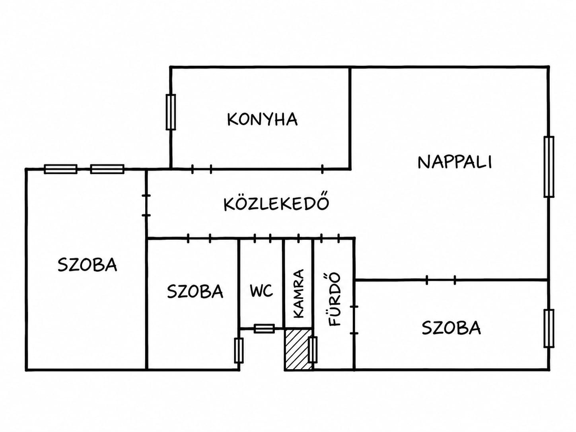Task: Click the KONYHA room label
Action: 262,119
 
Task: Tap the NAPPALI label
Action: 455,162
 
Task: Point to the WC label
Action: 261,291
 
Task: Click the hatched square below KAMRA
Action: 298,349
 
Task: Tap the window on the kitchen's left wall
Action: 171,112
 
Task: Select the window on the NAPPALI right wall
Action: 549,167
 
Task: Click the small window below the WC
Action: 264,329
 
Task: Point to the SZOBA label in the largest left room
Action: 88,265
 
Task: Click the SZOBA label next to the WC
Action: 195,291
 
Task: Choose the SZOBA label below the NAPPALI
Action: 451,328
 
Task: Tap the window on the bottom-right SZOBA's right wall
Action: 549,329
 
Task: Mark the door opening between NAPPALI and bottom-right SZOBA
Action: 441,280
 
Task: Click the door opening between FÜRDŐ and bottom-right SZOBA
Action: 354,320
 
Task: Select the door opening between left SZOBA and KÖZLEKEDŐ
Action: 146,205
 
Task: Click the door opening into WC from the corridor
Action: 263,238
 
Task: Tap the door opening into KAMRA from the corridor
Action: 299,238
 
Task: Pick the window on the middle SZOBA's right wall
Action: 239,350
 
